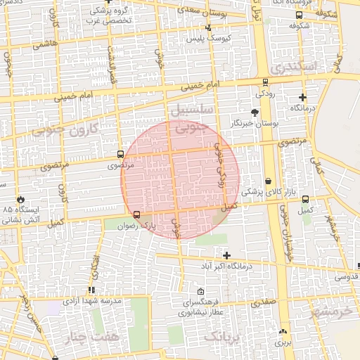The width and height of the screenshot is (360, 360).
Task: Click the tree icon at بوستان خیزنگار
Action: point(255,112)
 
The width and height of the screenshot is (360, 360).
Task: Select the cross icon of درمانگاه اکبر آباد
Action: point(226,255)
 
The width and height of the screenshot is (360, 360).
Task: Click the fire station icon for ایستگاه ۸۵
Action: point(20,199)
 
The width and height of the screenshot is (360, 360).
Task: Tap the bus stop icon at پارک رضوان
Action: point(136,214)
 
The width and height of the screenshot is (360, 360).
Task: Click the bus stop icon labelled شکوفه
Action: point(299,15)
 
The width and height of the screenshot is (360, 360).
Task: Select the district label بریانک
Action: point(227,337)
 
